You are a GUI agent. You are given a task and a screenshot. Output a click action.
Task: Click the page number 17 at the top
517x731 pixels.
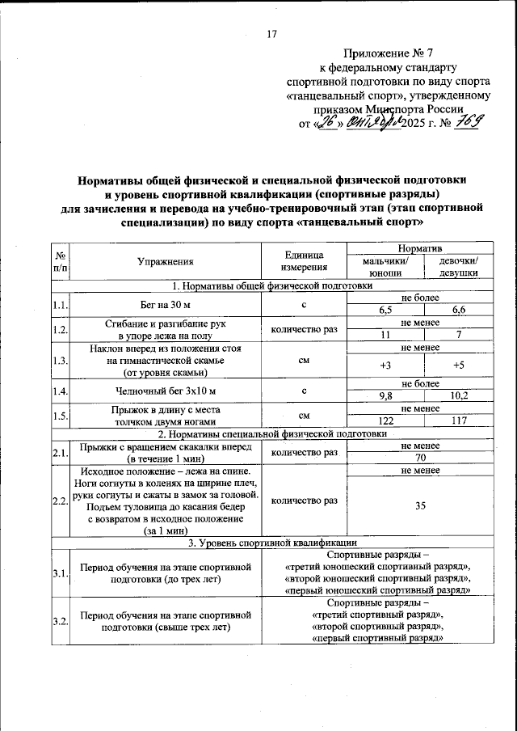point(271,33)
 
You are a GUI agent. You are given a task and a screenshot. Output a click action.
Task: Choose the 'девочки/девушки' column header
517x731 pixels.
point(458,268)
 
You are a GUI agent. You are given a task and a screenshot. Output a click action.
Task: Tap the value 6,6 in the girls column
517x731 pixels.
point(458,310)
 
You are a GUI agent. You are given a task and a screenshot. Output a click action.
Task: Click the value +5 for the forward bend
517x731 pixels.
point(458,365)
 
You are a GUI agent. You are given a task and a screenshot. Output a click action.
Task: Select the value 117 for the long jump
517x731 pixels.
point(458,421)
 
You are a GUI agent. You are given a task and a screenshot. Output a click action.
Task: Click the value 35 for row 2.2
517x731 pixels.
point(420,506)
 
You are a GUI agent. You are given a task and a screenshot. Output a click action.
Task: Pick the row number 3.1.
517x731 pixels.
point(60,573)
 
